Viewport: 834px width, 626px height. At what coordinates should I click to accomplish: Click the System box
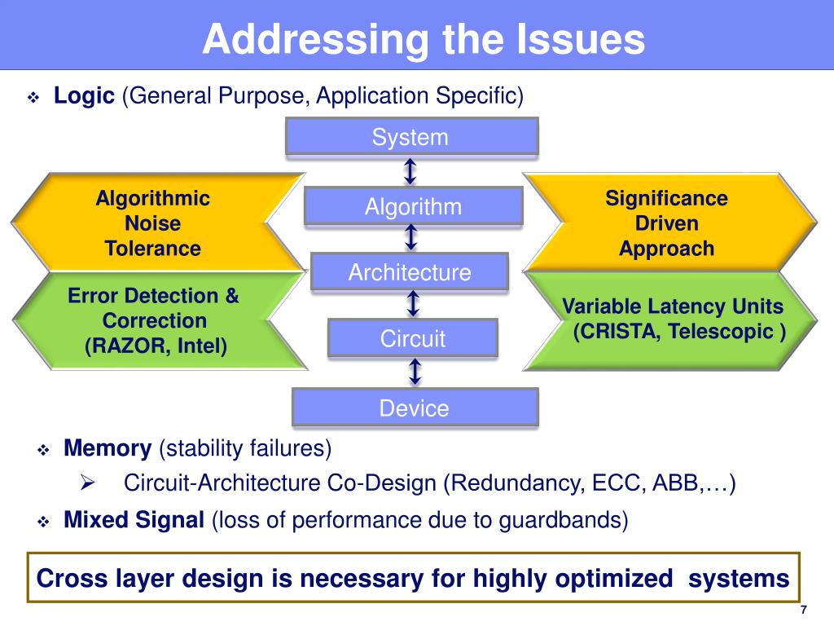click(411, 136)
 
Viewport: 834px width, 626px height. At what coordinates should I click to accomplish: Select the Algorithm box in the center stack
click(413, 206)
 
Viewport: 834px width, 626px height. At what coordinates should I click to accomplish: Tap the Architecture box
click(410, 272)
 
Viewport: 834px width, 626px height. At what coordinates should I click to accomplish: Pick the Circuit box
click(413, 338)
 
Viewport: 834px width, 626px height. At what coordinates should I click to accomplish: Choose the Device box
click(415, 408)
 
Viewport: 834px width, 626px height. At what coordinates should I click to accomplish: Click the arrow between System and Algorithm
click(410, 171)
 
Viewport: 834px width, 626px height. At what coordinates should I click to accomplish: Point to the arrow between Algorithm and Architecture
click(411, 238)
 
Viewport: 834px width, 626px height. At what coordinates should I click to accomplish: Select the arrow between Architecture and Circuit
click(414, 304)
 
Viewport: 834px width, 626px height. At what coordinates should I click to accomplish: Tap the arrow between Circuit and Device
click(415, 372)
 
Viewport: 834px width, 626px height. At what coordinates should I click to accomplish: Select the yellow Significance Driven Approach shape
click(666, 223)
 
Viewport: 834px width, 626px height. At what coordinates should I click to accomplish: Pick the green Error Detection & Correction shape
click(153, 320)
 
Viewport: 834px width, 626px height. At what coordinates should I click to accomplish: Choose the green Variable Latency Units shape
click(673, 320)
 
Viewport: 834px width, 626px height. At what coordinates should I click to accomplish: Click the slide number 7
click(803, 611)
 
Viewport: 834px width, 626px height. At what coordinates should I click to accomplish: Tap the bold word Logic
click(85, 96)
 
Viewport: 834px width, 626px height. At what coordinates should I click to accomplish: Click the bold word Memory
click(108, 447)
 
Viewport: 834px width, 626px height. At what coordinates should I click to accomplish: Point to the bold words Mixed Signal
click(134, 519)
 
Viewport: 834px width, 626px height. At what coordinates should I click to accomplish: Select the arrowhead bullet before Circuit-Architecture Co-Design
click(89, 483)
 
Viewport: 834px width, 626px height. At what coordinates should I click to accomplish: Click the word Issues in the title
click(581, 40)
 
